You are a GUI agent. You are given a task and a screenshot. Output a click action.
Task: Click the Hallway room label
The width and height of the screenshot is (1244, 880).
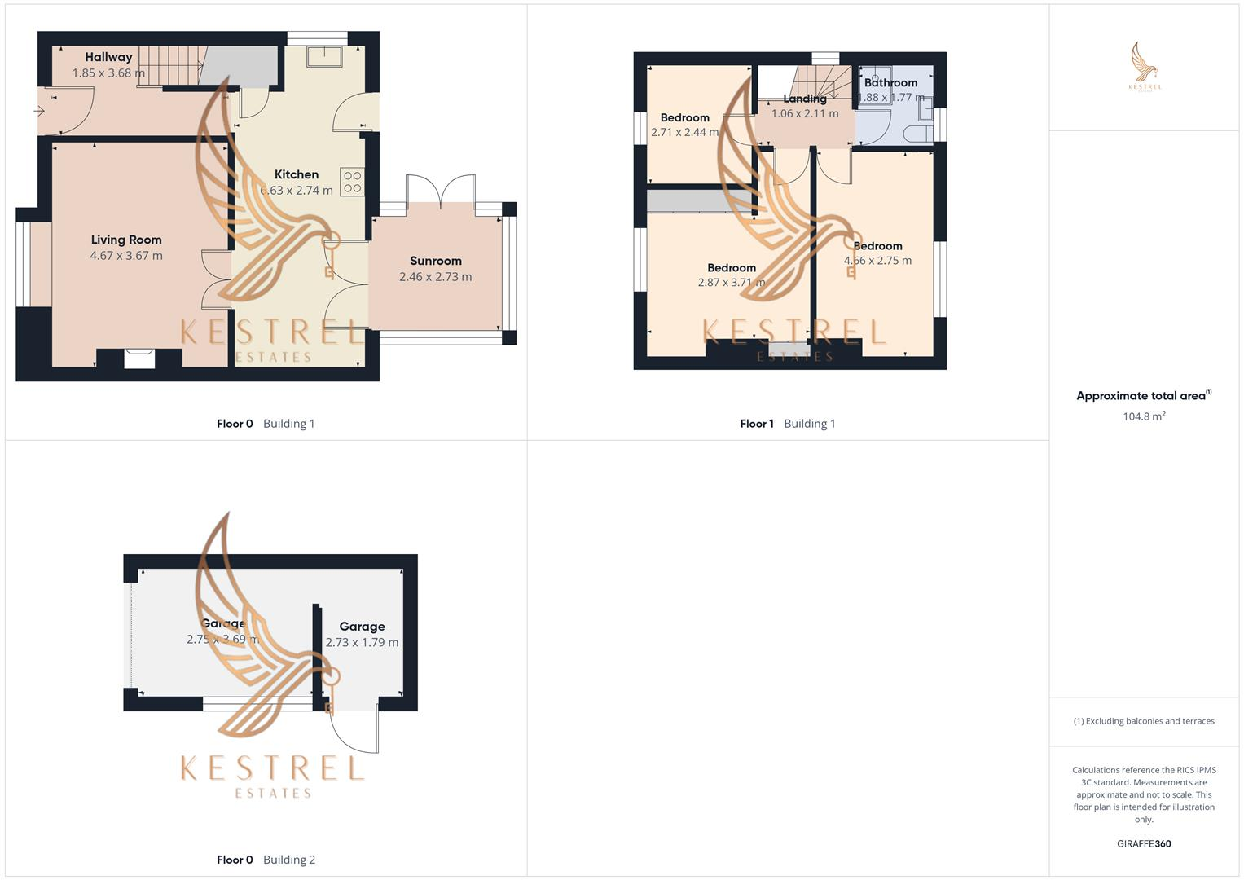(108, 57)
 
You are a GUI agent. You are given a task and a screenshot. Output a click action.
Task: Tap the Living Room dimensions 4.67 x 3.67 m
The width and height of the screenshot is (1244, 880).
(126, 256)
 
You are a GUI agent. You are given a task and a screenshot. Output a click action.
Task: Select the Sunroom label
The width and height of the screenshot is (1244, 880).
(436, 261)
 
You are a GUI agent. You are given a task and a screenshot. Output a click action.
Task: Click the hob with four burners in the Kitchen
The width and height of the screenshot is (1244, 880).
(352, 182)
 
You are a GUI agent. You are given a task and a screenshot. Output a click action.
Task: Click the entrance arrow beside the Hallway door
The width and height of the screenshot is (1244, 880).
(38, 111)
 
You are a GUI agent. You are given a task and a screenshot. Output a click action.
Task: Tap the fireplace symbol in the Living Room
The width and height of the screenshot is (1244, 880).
(139, 359)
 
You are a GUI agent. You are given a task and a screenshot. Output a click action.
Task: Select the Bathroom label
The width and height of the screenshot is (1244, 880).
(890, 82)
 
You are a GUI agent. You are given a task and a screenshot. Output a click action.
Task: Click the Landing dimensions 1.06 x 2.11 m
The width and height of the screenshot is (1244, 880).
(805, 114)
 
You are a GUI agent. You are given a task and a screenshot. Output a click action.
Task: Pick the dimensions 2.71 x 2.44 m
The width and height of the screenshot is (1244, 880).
(684, 132)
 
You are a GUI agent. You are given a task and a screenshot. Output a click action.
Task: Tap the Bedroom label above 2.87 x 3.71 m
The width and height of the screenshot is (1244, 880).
(732, 268)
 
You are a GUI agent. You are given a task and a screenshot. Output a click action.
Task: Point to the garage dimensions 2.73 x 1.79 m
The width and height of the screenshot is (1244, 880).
(362, 643)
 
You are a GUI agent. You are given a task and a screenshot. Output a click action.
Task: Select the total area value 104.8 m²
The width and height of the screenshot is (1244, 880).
(1144, 416)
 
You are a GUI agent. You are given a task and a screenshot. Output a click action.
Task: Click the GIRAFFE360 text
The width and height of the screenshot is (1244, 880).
(1144, 844)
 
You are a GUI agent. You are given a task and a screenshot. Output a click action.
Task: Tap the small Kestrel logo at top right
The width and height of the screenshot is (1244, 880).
(1145, 66)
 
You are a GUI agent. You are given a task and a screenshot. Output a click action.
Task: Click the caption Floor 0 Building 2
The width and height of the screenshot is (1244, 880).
(266, 860)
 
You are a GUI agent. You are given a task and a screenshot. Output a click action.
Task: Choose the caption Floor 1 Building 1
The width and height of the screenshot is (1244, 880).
(787, 424)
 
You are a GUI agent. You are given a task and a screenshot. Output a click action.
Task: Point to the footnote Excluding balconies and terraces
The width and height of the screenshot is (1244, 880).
(1144, 721)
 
